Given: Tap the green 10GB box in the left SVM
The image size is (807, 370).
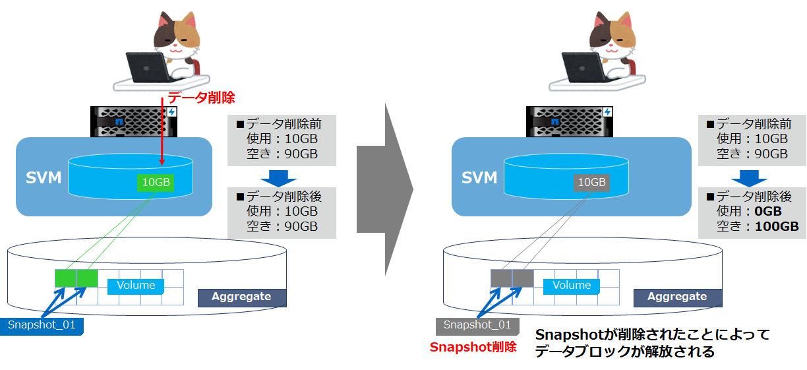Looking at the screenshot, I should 156,183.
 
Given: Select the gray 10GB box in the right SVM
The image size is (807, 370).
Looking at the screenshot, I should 591,183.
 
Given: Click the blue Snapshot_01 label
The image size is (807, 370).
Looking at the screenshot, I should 42,325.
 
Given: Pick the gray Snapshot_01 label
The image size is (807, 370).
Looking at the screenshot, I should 477,325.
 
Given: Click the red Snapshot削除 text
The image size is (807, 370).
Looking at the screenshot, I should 473,347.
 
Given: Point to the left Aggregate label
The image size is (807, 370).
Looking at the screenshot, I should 241,297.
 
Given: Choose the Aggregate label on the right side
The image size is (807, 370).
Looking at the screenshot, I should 677,297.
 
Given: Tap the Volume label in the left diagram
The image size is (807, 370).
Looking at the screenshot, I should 136,286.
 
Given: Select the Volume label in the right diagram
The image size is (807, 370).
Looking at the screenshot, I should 572,286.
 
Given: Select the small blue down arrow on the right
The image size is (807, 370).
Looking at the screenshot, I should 749,177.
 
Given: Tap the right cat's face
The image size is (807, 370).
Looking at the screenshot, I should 613,36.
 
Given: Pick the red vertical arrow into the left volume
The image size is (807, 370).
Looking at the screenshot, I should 162,132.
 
